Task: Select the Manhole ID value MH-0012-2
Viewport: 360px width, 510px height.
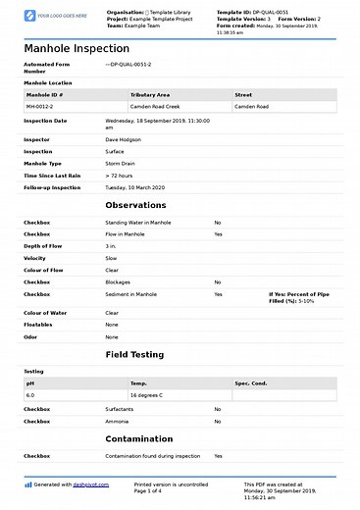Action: tap(40, 105)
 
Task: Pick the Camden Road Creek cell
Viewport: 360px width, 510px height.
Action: tap(155, 105)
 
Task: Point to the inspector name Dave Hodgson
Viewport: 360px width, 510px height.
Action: tap(123, 140)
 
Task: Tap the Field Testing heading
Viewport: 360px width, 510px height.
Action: tap(134, 353)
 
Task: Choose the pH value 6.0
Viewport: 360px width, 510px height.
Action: tap(30, 394)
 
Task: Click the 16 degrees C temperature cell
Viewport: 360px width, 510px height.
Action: tap(151, 394)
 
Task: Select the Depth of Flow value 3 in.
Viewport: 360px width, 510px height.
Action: tap(112, 246)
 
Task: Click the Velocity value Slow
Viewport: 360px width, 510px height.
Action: tap(112, 258)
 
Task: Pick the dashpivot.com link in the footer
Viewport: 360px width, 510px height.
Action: tap(89, 484)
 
